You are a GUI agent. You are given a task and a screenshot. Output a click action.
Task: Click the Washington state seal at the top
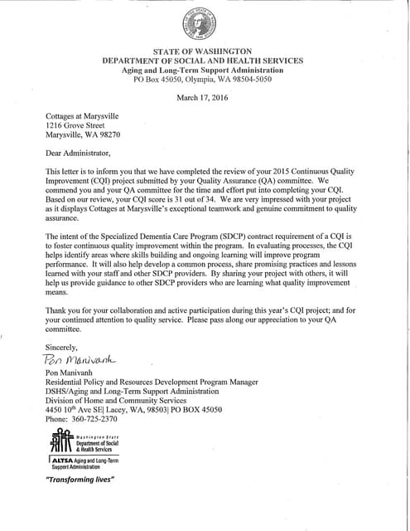pyautogui.click(x=203, y=25)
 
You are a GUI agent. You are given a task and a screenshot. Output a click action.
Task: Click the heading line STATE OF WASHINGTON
pyautogui.click(x=202, y=52)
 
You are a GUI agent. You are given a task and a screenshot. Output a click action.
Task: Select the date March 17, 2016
pyautogui.click(x=202, y=98)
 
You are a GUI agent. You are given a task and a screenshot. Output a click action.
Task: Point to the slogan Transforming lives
pyautogui.click(x=80, y=480)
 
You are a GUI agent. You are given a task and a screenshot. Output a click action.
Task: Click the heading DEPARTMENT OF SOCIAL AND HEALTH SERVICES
pyautogui.click(x=202, y=61)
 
